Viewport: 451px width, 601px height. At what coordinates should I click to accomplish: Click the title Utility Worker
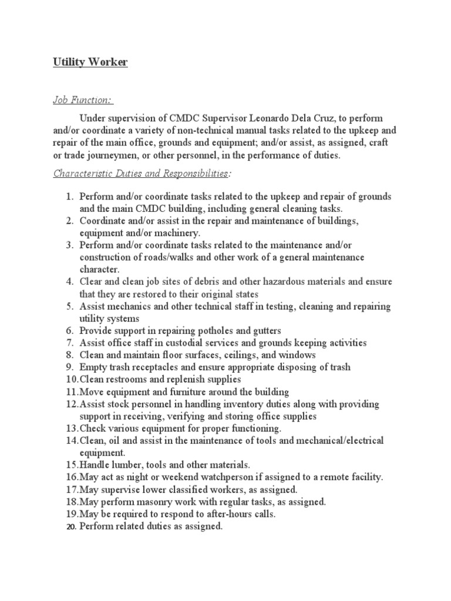pyautogui.click(x=90, y=62)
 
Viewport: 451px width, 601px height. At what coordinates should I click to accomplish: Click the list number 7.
pyautogui.click(x=69, y=343)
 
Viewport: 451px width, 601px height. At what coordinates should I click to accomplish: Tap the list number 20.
pyautogui.click(x=69, y=526)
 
